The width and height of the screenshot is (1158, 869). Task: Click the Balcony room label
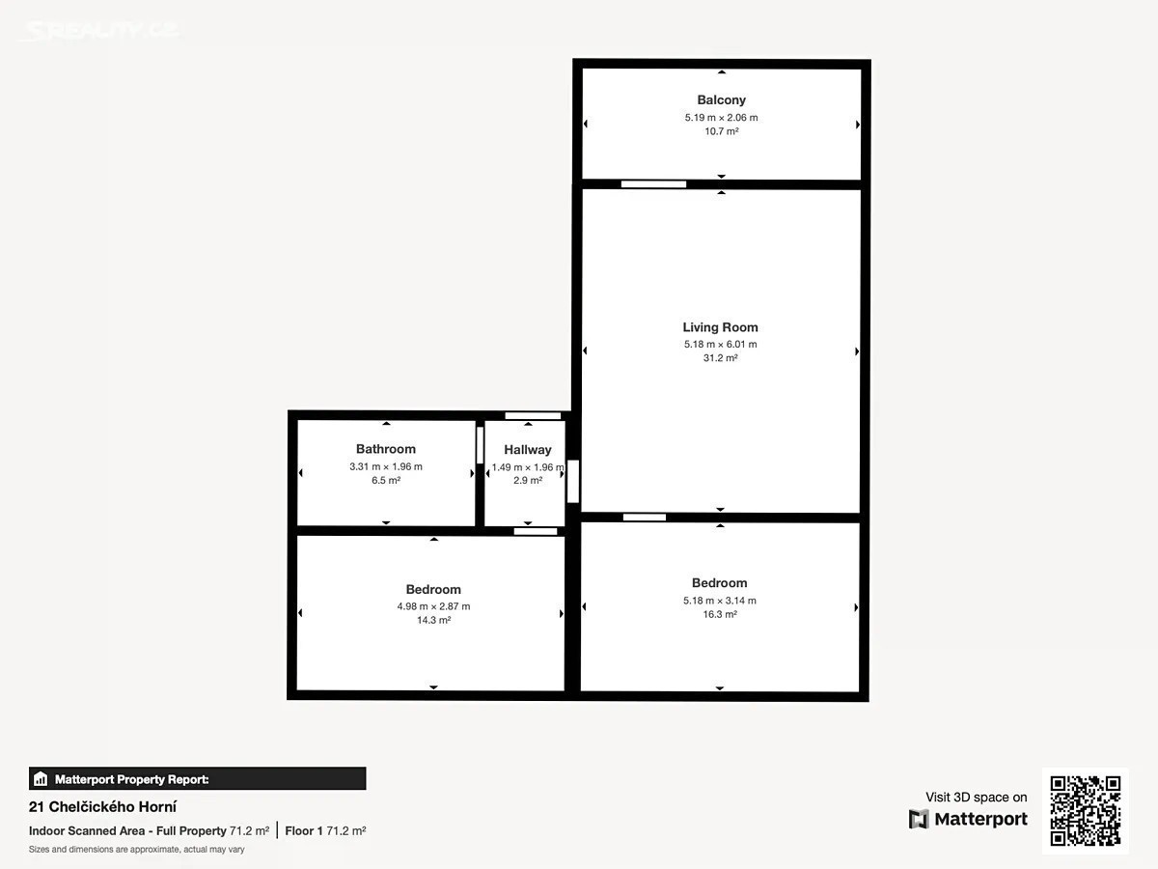[x=721, y=99]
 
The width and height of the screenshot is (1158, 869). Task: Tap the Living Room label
[x=720, y=327]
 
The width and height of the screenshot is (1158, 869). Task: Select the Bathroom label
[x=386, y=449]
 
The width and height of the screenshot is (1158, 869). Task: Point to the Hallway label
[x=528, y=450]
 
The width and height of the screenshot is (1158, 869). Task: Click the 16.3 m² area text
[x=720, y=614]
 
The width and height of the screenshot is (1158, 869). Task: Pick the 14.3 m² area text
[x=433, y=620]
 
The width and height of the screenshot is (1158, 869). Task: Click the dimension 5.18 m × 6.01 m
[x=720, y=344]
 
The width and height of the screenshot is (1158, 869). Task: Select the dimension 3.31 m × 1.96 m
[x=386, y=466]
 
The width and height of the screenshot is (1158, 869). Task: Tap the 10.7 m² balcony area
[x=721, y=131]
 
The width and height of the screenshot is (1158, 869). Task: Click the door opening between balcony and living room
[x=653, y=184]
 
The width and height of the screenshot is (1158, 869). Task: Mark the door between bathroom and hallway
[x=480, y=445]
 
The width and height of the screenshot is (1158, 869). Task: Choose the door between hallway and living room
[x=573, y=481]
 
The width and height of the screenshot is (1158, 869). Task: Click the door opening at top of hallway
[x=533, y=416]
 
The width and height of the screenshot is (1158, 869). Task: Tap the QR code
[x=1086, y=810]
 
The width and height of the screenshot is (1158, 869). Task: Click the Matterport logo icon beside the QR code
[x=919, y=819]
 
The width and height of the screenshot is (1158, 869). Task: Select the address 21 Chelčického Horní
[x=103, y=807]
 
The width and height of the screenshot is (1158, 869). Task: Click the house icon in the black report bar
[x=41, y=779]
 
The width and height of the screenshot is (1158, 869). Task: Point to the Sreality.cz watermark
[x=100, y=30]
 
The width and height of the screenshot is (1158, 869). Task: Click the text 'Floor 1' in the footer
[x=304, y=831]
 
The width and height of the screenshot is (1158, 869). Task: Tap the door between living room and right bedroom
[x=645, y=518]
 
